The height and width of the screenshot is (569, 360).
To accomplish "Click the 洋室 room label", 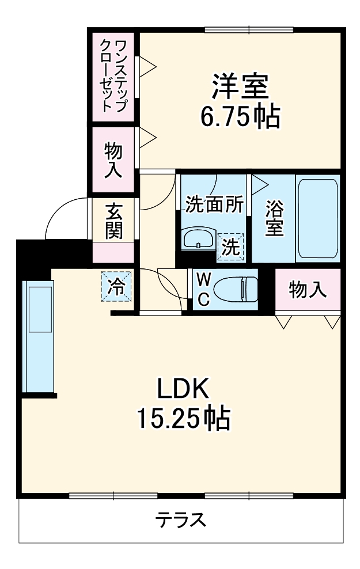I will point(240,88).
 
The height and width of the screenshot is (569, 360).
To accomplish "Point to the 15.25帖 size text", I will point(183,419).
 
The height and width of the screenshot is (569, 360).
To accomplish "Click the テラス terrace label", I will point(180,520).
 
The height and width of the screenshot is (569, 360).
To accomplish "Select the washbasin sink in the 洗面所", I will point(198,237).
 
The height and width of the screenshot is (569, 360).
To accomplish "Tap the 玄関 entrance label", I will point(113,221).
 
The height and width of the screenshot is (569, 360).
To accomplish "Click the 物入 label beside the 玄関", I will point(113,159).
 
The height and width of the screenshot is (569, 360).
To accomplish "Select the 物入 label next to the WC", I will point(308,290).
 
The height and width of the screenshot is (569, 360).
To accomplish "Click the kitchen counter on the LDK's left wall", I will point(37,336).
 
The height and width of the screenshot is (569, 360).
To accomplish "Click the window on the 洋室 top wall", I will point(249,29).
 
